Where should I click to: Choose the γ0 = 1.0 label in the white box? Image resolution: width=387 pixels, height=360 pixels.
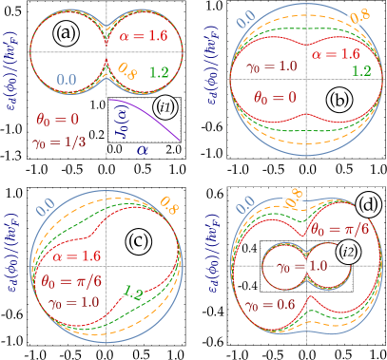301,267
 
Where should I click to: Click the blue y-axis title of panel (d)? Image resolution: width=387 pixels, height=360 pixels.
222,270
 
